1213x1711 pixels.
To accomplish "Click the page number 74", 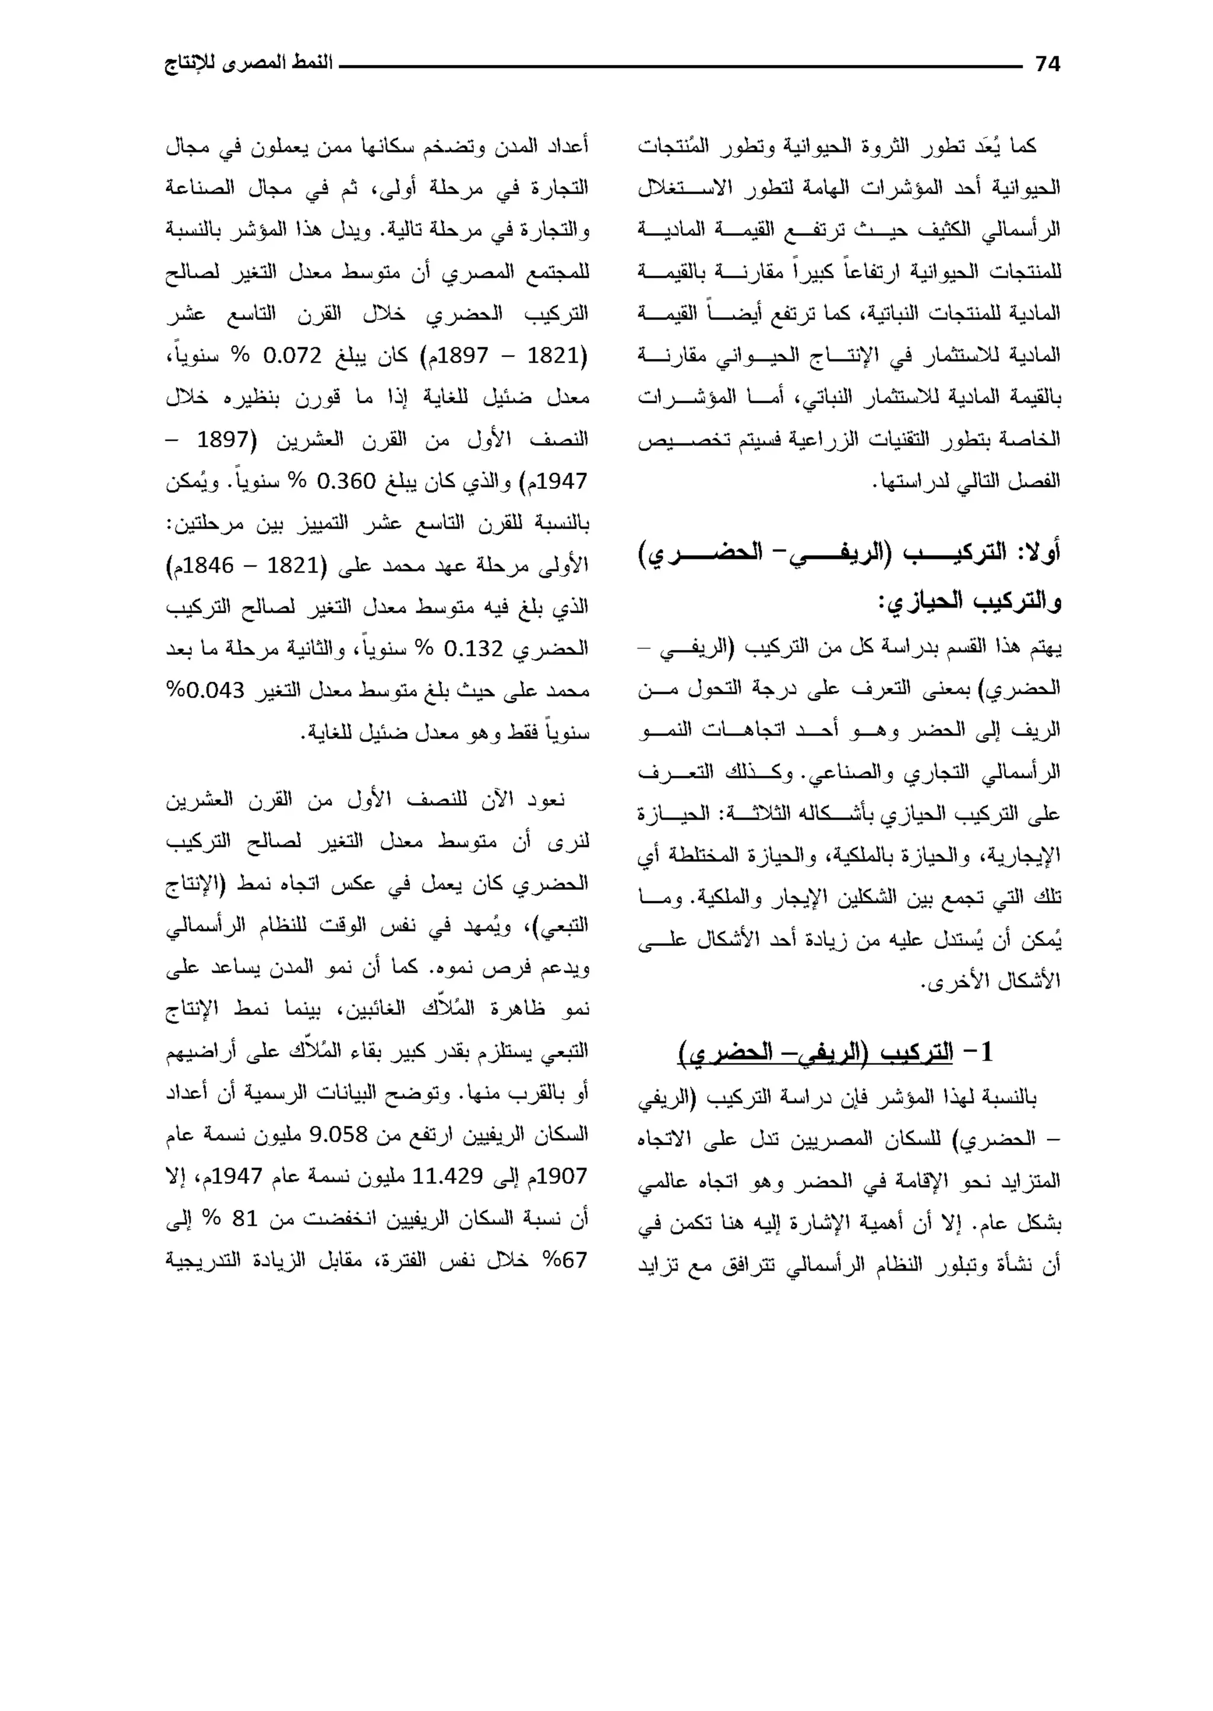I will click(1047, 65).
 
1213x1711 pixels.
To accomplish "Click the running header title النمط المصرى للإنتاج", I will click(248, 63).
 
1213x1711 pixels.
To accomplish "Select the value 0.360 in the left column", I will click(346, 481).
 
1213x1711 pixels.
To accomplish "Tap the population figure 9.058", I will click(338, 1135).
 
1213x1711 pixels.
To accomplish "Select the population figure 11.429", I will click(447, 1177).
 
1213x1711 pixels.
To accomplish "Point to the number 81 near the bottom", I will click(244, 1219).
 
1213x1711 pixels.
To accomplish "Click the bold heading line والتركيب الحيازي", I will click(969, 599).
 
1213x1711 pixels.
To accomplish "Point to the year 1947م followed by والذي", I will click(563, 481).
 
